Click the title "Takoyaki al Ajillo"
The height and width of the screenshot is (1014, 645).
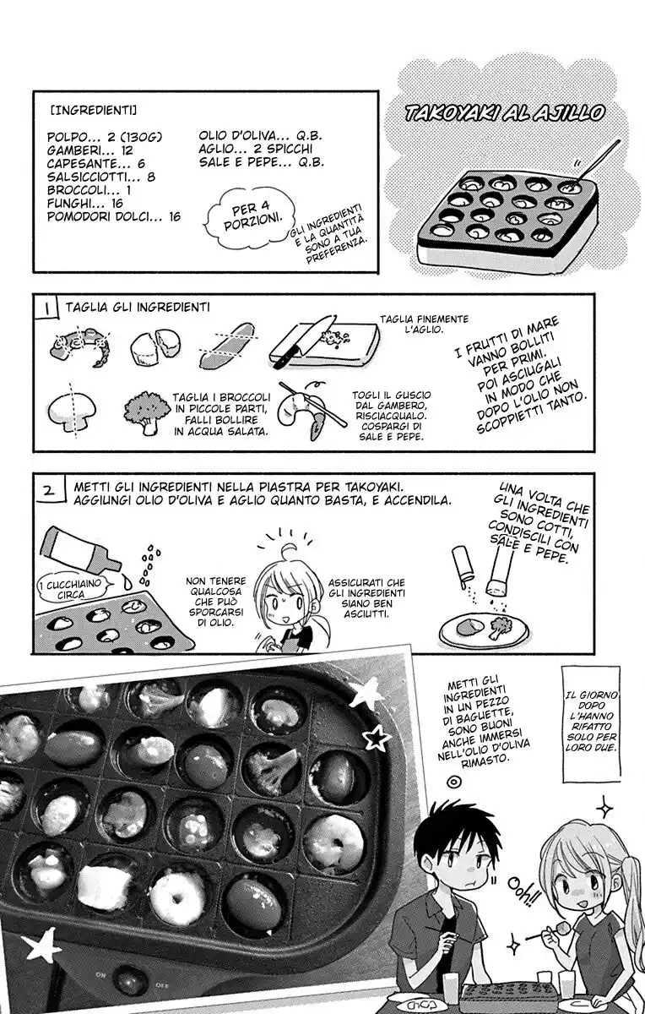(504, 113)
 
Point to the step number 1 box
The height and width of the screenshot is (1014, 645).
(47, 308)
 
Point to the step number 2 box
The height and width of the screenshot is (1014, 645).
(49, 489)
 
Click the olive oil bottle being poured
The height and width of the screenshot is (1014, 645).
(80, 550)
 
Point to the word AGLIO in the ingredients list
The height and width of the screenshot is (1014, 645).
(217, 149)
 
